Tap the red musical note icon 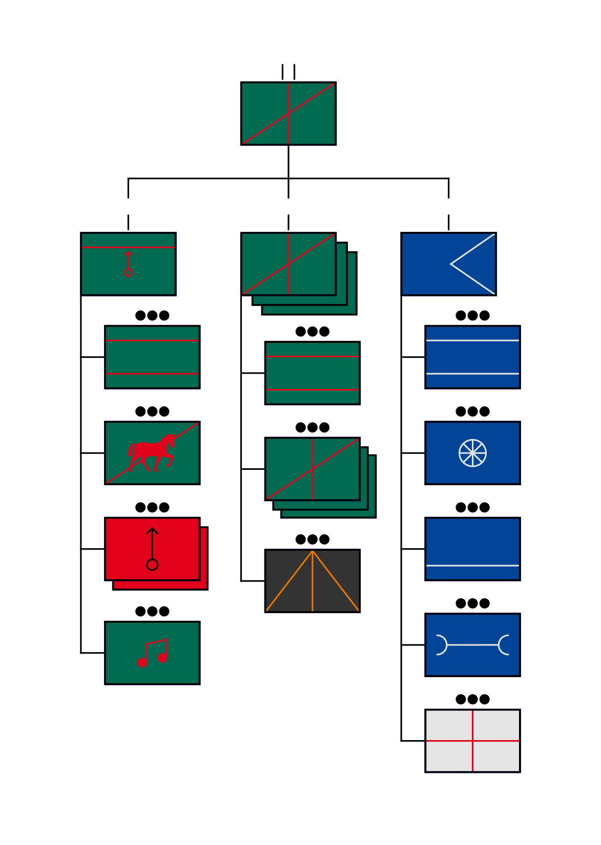tap(152, 654)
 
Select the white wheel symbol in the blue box tap(472, 453)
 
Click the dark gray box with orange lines tap(313, 581)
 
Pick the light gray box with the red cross tap(472, 741)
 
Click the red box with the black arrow tap(152, 549)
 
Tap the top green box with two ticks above tap(288, 114)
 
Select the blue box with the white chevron tap(448, 264)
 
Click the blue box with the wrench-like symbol tap(472, 645)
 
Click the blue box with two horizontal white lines tap(472, 357)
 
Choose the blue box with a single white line tap(472, 549)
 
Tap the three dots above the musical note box tap(152, 611)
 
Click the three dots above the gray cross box tap(472, 699)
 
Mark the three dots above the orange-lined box tap(313, 539)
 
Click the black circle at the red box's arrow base tap(152, 565)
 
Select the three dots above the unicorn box tap(152, 411)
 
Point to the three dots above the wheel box tap(472, 411)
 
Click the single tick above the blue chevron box tap(448, 222)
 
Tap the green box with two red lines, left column tap(152, 357)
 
